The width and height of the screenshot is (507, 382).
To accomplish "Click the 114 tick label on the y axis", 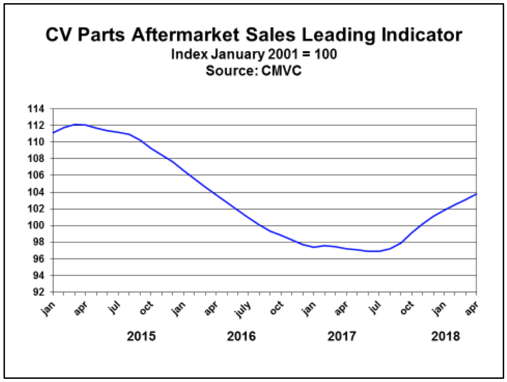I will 36,109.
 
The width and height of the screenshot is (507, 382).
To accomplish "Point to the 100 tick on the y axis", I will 36,225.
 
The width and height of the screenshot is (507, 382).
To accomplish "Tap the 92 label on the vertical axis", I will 38,292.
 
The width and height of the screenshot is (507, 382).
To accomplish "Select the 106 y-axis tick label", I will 36,175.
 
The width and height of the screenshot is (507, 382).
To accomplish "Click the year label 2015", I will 141,336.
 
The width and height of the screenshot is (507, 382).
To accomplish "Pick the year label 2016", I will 241,336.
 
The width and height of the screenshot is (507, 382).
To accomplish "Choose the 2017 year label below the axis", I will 342,336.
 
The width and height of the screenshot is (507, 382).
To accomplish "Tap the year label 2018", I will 445,336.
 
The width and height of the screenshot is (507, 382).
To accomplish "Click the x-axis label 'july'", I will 243,309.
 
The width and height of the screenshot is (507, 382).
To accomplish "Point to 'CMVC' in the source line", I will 281,71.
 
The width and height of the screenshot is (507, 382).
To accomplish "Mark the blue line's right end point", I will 476,194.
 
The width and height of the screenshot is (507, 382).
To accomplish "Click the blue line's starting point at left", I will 53,133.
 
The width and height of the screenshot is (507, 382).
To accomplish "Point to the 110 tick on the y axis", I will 36,142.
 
